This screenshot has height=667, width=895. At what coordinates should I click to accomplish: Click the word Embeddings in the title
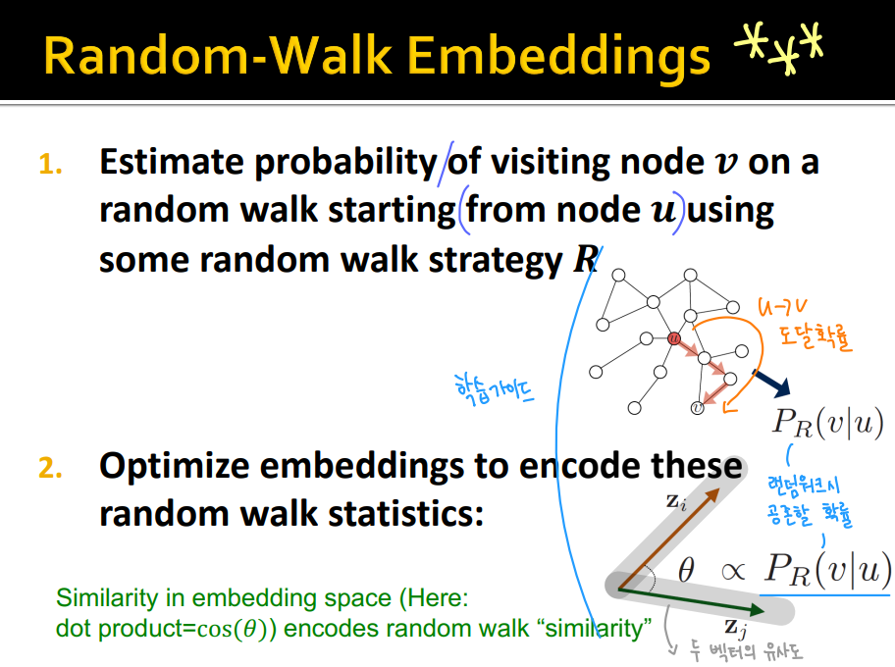558,56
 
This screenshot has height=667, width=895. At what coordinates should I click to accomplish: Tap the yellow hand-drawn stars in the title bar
779,48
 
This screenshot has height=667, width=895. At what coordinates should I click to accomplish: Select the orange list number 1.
50,165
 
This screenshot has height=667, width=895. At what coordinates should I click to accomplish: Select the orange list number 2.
50,468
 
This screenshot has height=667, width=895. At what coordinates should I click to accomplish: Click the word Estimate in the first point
172,162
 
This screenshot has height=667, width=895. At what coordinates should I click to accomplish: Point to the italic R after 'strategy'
586,260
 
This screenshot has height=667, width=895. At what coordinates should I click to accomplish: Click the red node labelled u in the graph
674,338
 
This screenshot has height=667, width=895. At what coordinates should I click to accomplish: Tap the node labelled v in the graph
697,408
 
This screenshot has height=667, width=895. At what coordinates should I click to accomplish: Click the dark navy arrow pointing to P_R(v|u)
771,383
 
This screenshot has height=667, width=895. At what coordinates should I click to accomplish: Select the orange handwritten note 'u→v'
782,308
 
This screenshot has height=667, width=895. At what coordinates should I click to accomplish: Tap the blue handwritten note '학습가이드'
494,389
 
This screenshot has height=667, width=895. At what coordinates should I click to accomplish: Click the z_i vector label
676,502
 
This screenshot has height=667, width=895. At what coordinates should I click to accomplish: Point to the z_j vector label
736,628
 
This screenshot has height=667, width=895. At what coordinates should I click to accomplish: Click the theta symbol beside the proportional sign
686,570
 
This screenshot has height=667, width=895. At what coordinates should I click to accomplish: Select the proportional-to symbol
733,571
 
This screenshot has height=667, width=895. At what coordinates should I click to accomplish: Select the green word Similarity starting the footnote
107,598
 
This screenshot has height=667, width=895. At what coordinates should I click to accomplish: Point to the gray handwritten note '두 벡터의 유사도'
746,651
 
